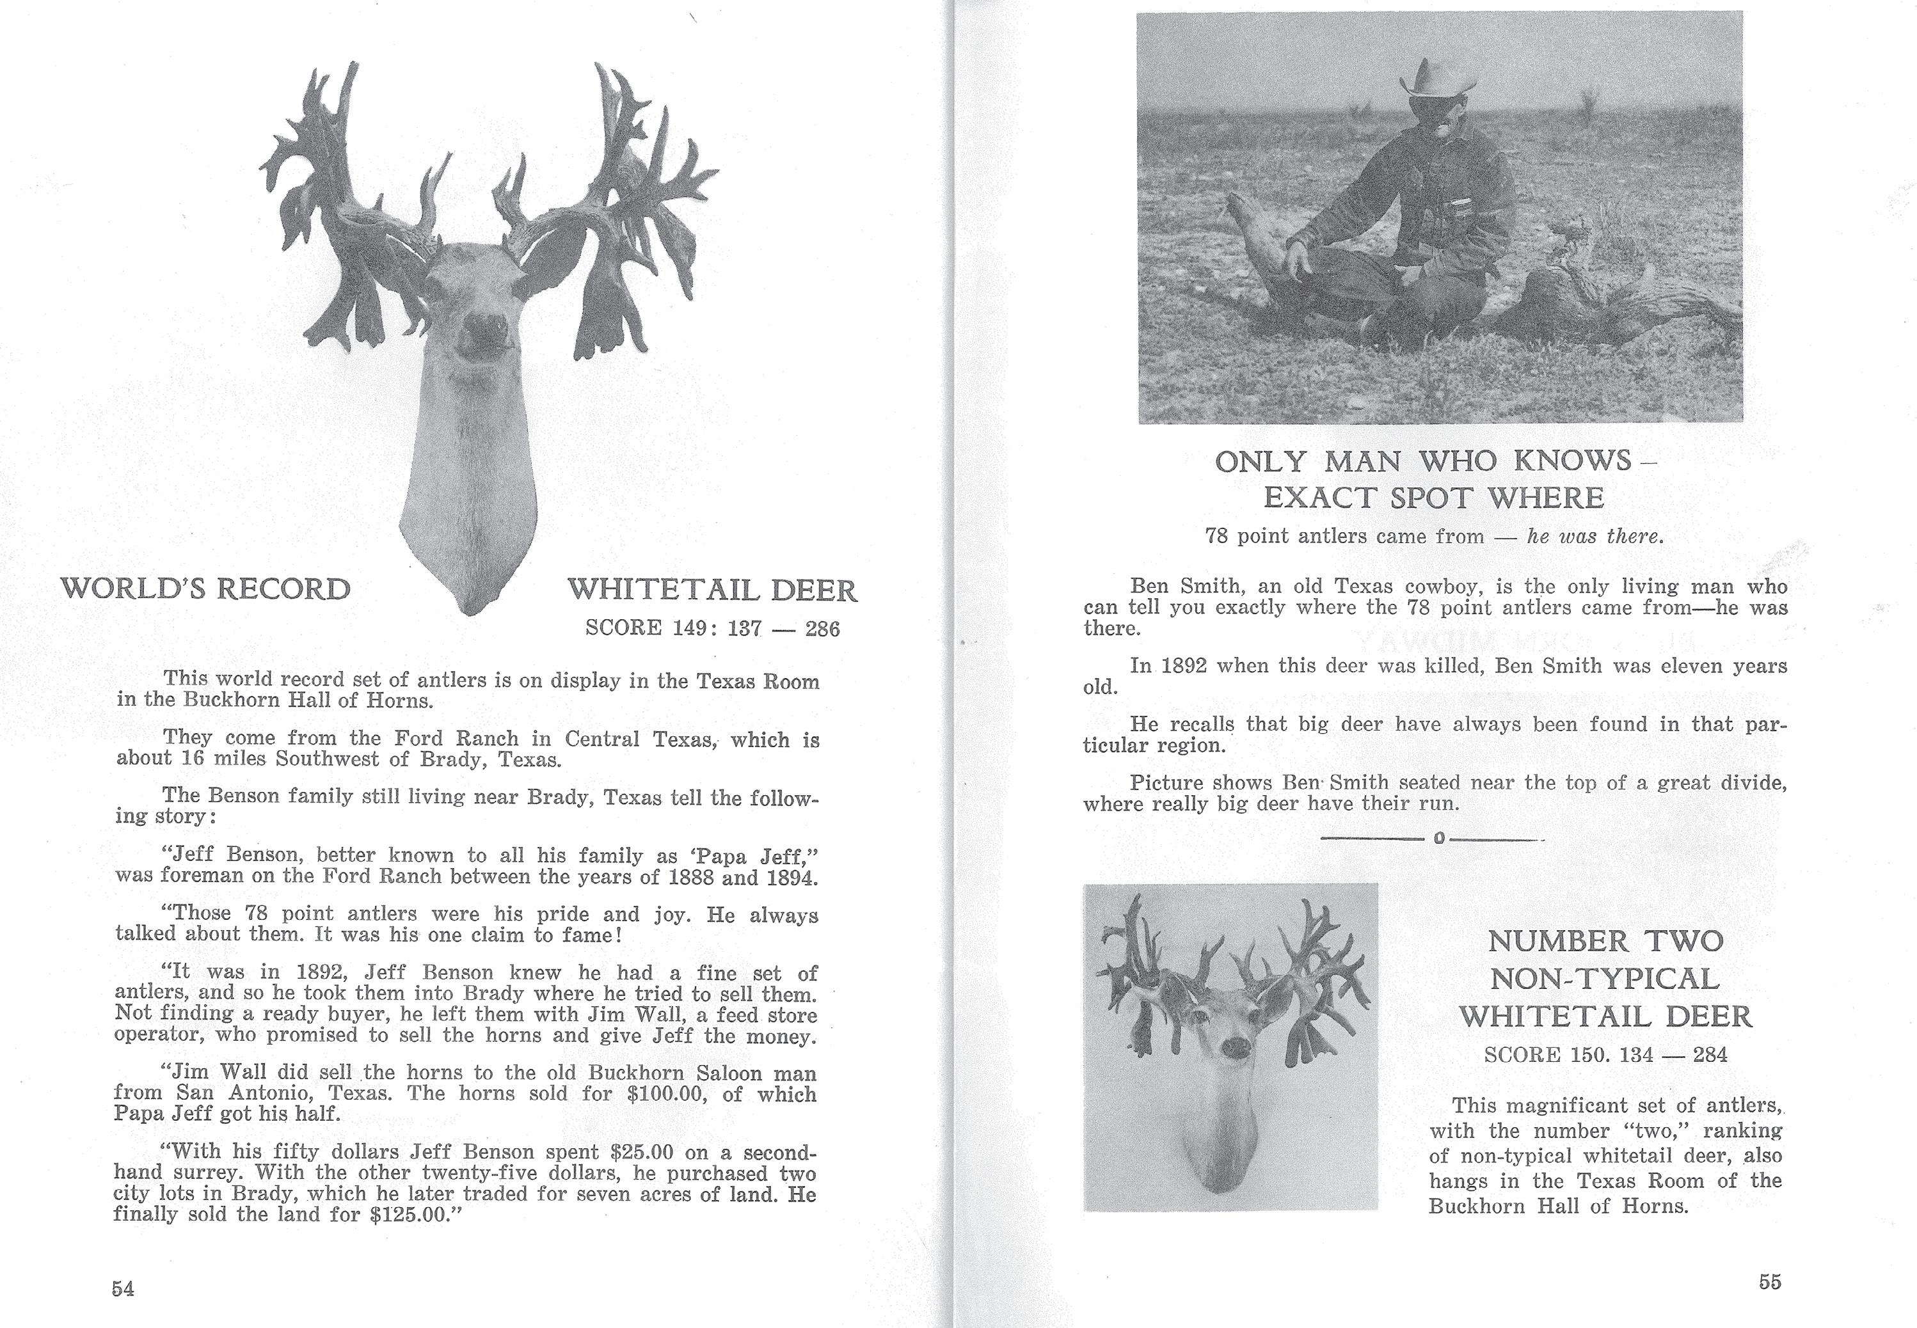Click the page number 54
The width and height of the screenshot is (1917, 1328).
click(123, 1289)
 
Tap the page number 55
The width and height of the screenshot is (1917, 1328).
click(1770, 1282)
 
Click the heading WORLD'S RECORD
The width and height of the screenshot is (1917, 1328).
click(205, 589)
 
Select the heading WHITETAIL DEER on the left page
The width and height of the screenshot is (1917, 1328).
click(712, 591)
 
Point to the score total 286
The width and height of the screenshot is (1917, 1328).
click(822, 629)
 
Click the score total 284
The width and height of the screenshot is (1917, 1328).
click(1710, 1055)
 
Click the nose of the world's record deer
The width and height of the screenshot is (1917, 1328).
click(485, 324)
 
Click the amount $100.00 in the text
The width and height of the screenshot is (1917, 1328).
click(665, 1093)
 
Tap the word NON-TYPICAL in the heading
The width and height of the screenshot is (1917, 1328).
click(1604, 979)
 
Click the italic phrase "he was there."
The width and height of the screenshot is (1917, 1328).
click(1595, 537)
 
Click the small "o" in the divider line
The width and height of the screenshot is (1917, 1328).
click(1438, 838)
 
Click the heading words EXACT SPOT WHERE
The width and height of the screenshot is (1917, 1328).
click(1433, 498)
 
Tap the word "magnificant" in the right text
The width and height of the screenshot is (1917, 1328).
click(1561, 1106)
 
